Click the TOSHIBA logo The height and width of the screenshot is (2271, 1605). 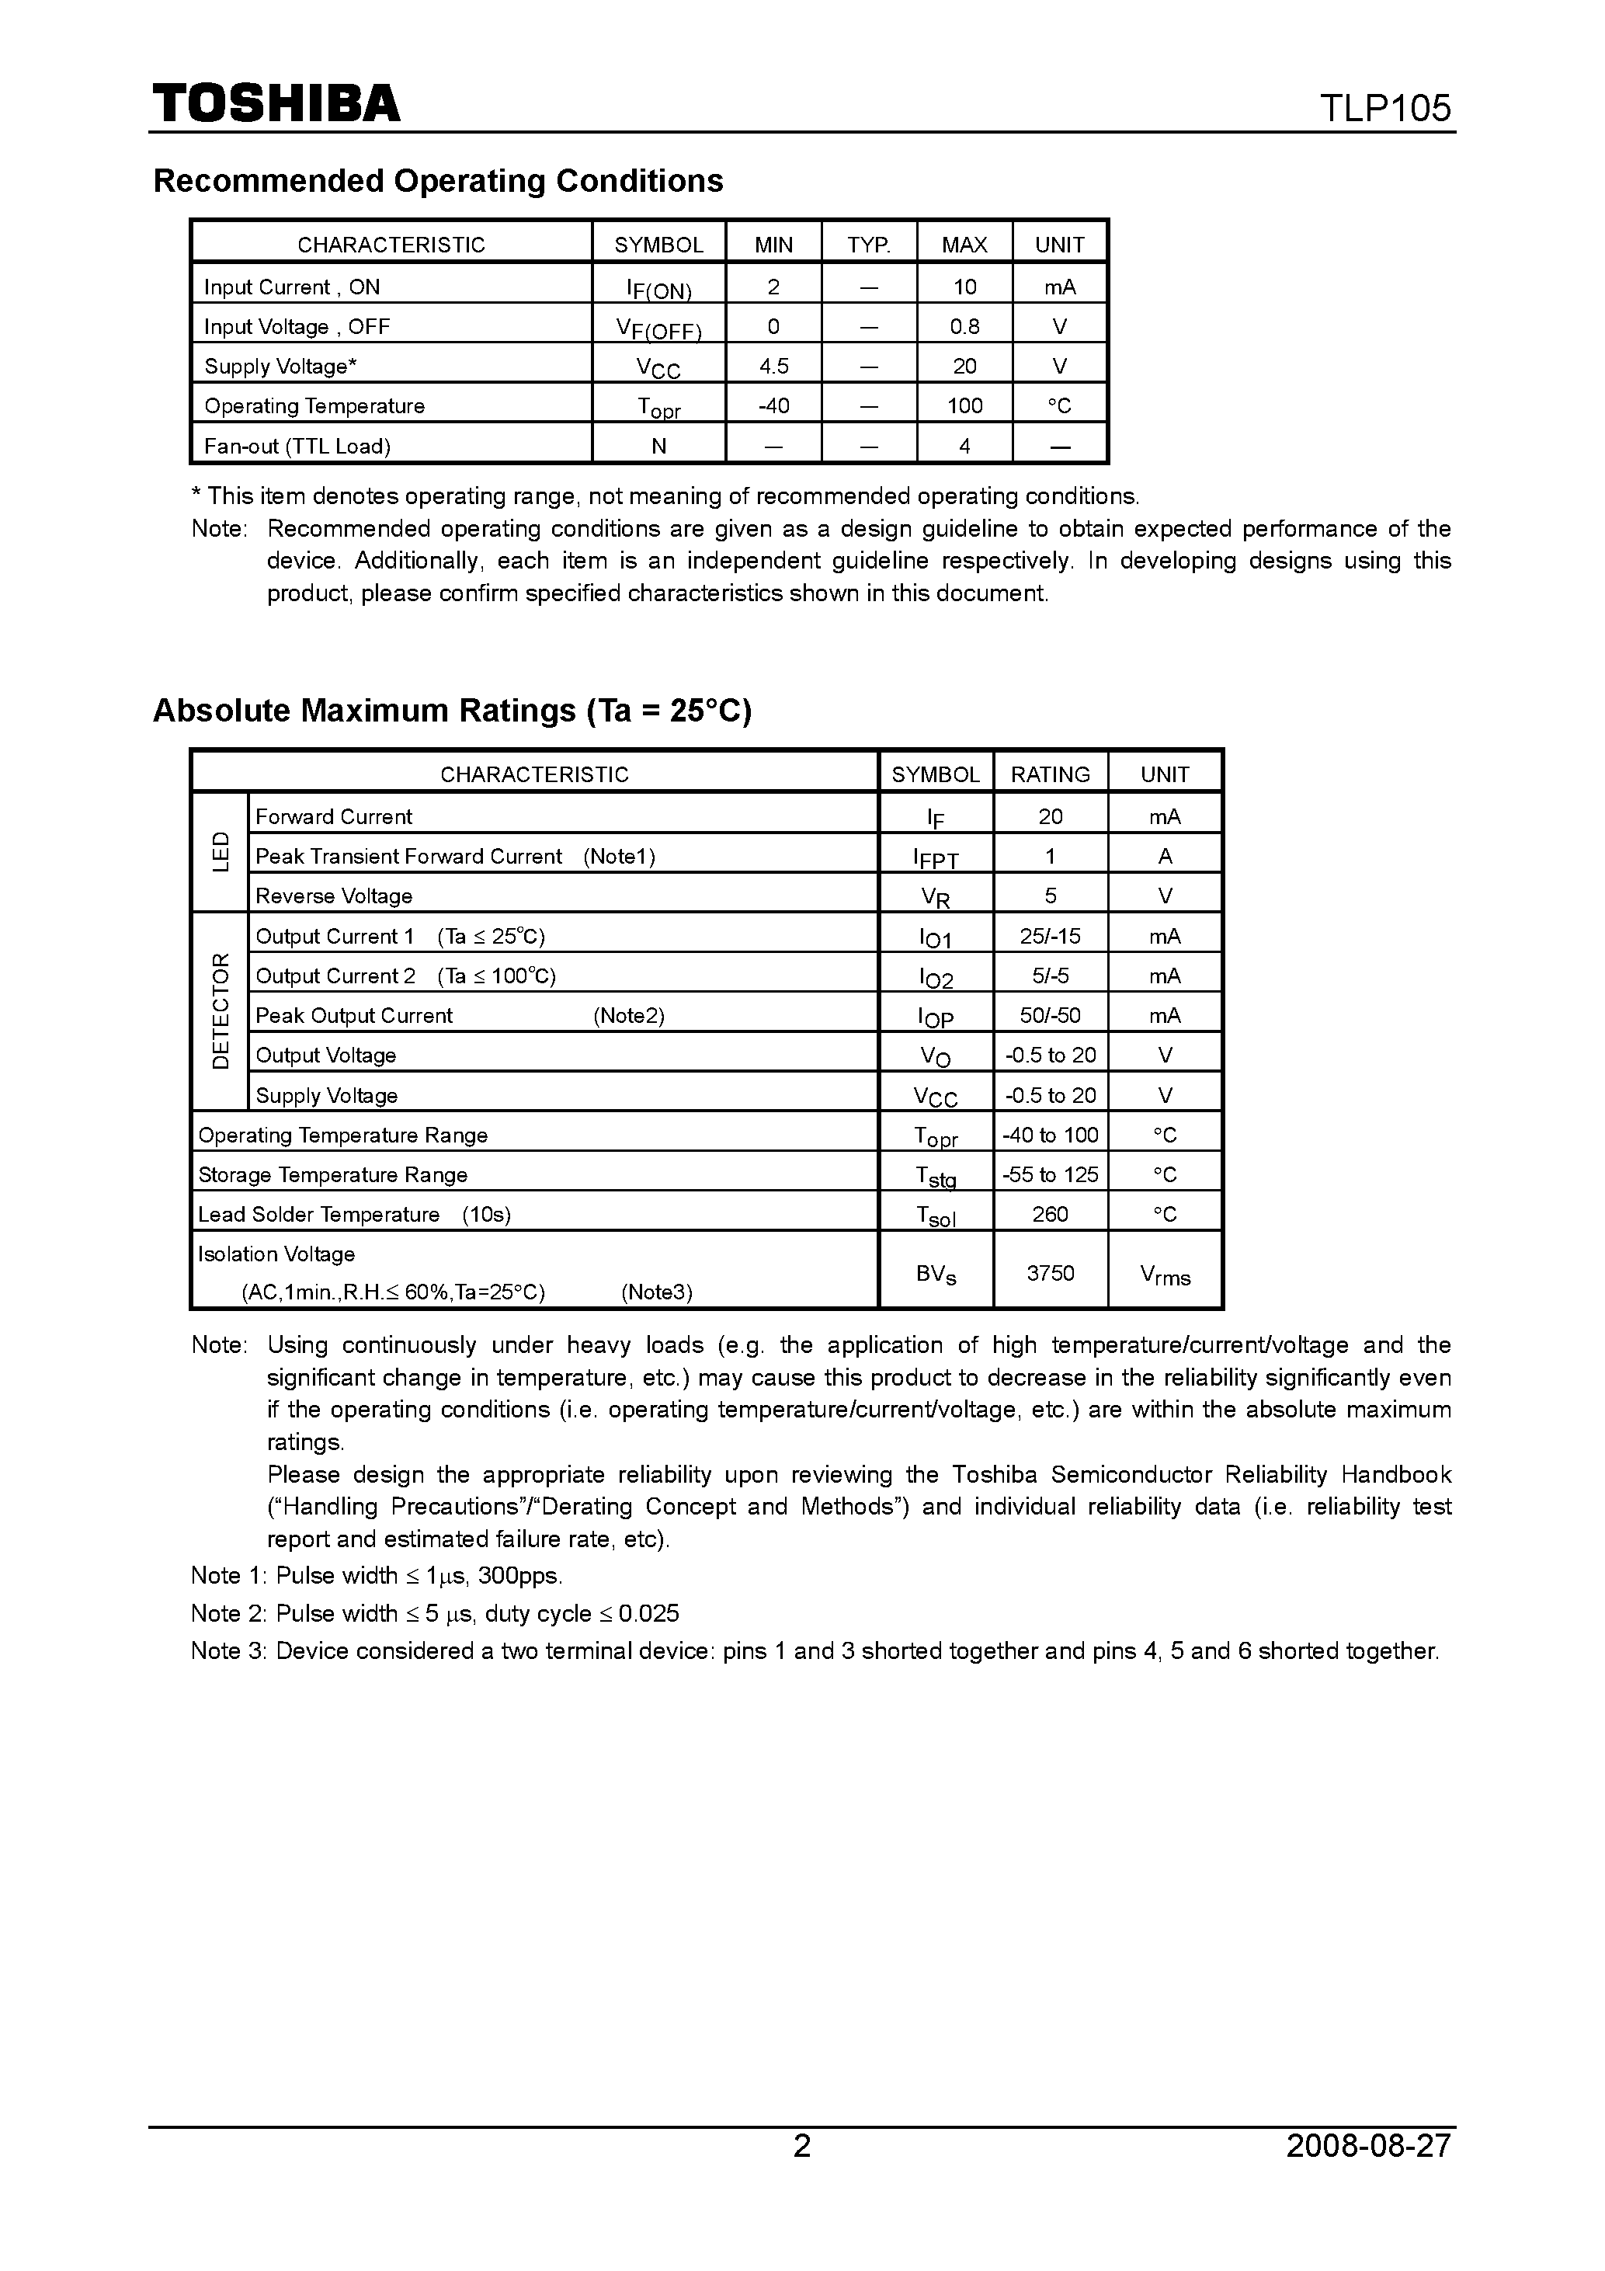[276, 104]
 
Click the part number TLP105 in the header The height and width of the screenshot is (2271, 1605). [1384, 108]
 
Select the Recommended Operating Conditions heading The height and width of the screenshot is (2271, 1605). [438, 181]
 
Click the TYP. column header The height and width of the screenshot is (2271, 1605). [868, 245]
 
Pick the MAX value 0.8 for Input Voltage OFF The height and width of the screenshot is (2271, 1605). [964, 326]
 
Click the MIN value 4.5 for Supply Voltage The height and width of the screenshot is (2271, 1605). [773, 366]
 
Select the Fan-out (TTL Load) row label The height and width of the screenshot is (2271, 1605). [297, 446]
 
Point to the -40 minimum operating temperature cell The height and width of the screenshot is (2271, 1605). [773, 405]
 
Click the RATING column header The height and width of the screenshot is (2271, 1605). [1051, 774]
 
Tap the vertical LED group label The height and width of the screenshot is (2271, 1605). [221, 851]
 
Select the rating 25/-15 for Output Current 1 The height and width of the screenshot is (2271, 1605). [1051, 936]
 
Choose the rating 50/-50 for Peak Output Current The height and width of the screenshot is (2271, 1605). [1051, 1015]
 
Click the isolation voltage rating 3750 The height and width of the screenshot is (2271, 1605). [1051, 1273]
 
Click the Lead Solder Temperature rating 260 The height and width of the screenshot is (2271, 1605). [1051, 1214]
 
